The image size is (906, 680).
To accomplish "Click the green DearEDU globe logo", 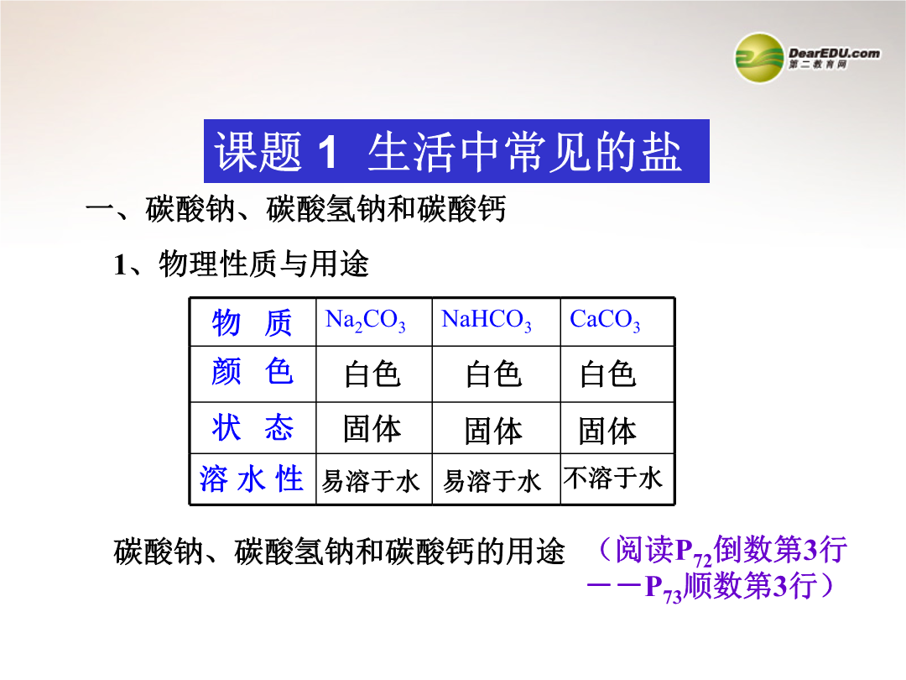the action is pyautogui.click(x=759, y=58).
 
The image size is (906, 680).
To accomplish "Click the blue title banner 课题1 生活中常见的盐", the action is pyautogui.click(x=456, y=151).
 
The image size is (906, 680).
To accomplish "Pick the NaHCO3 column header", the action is pyautogui.click(x=486, y=320).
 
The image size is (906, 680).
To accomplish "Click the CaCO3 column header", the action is pyautogui.click(x=605, y=320).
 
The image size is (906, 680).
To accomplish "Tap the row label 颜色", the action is pyautogui.click(x=253, y=371).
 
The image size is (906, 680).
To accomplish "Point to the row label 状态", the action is pyautogui.click(x=253, y=428).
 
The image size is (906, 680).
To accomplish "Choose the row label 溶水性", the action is pyautogui.click(x=252, y=479).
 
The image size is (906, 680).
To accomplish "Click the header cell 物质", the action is pyautogui.click(x=253, y=322).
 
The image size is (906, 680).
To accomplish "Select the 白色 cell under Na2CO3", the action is pyautogui.click(x=372, y=374).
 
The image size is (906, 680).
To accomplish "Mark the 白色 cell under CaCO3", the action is pyautogui.click(x=608, y=374).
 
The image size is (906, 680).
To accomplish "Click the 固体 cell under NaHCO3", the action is pyautogui.click(x=493, y=432).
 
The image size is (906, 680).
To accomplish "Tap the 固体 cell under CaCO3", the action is pyautogui.click(x=607, y=432).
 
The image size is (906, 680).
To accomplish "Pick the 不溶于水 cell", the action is pyautogui.click(x=613, y=479).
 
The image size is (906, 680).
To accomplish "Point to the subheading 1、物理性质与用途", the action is pyautogui.click(x=241, y=264).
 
